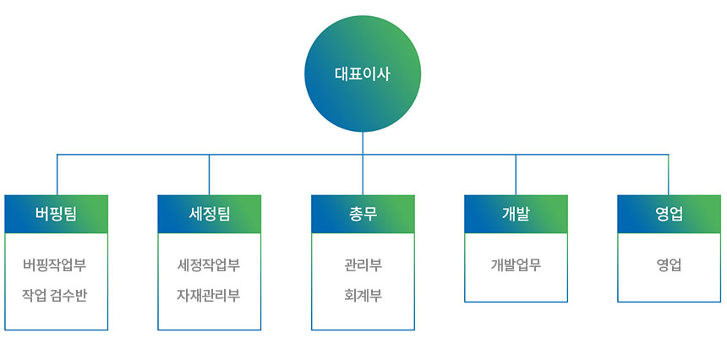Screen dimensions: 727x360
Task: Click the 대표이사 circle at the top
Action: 363,74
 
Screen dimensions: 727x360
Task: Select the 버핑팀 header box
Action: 56,214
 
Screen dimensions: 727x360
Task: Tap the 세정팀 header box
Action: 209,214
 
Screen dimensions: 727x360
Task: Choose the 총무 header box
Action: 363,214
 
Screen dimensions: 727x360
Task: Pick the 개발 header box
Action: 516,214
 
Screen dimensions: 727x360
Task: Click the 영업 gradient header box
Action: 669,214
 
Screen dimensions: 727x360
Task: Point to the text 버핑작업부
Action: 55,265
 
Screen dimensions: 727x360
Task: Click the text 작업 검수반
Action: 55,295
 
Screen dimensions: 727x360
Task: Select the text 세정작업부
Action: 209,265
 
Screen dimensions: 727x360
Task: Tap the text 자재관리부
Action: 209,295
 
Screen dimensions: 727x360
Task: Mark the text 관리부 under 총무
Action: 363,265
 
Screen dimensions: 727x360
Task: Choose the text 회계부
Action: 363,295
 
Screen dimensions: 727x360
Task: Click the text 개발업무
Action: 516,265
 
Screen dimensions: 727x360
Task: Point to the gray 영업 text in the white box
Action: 669,265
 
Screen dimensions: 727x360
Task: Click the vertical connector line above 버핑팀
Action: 57,175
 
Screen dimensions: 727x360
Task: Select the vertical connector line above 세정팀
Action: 209,175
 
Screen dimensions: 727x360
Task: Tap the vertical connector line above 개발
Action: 516,175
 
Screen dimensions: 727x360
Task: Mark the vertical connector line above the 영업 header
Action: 668,175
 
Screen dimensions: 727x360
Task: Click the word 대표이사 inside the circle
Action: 363,74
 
